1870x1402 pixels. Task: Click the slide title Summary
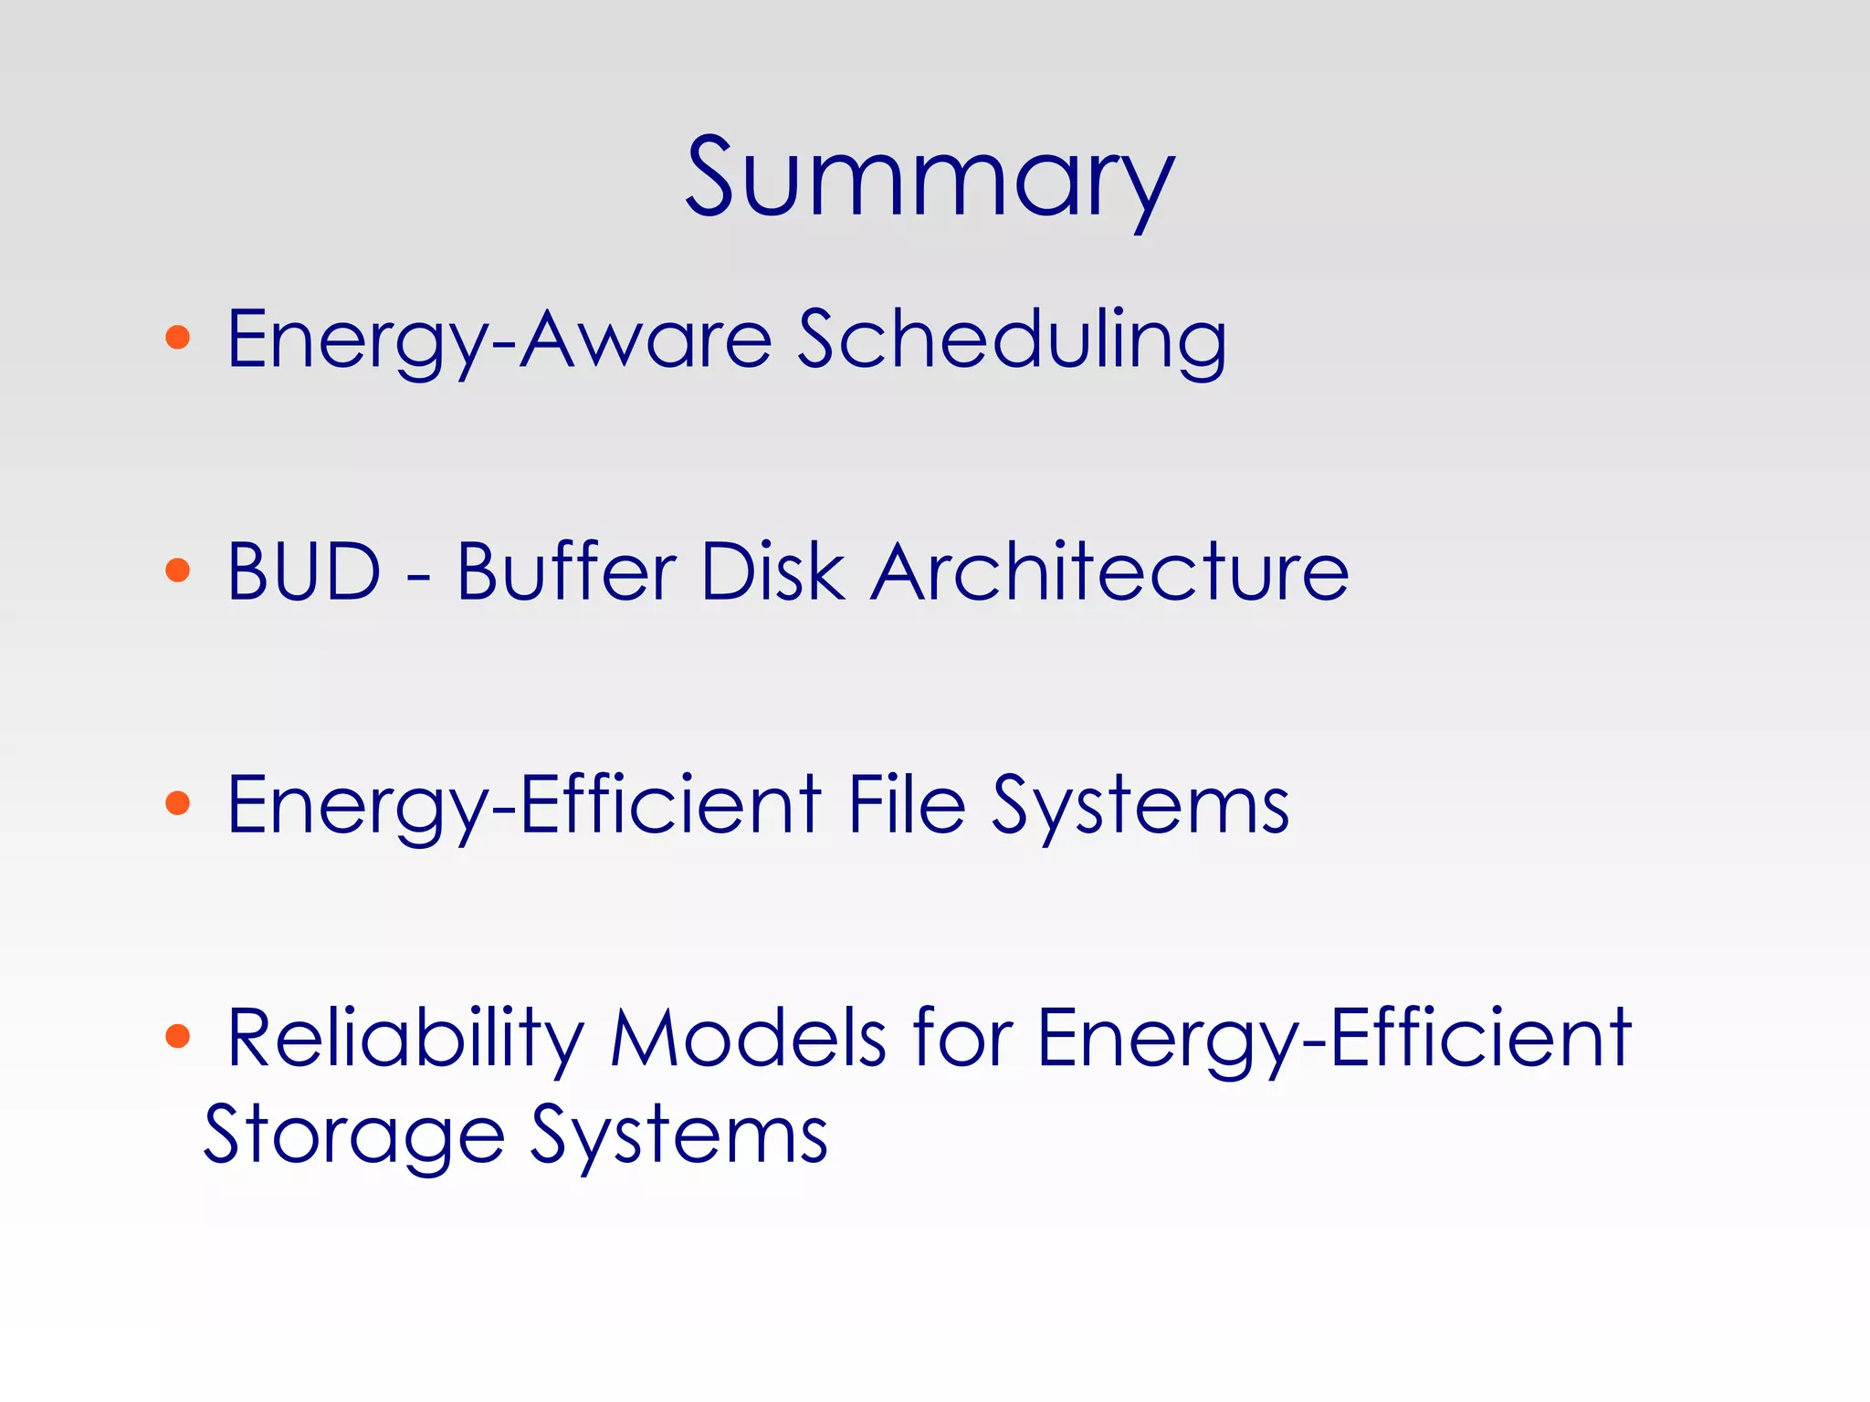930,178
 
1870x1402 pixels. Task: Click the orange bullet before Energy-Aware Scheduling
178,338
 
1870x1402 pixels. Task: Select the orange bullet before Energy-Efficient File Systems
178,804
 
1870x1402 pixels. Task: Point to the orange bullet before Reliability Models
178,1037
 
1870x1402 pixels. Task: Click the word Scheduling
1012,340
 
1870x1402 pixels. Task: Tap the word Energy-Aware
499,340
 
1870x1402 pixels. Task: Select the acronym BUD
303,572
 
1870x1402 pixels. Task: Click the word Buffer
566,572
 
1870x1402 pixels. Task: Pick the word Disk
772,572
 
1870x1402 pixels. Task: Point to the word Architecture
1109,572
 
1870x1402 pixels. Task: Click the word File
907,804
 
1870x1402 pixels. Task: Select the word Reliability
405,1039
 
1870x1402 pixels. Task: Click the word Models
748,1039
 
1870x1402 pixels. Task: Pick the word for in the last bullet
962,1039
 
